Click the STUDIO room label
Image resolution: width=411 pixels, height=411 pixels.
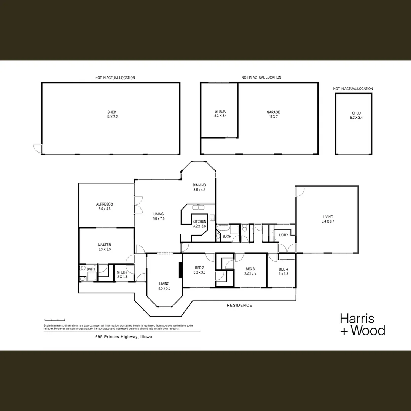(220, 113)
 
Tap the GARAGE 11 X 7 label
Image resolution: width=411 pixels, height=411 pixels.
(273, 115)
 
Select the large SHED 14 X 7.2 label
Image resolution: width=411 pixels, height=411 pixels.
(112, 115)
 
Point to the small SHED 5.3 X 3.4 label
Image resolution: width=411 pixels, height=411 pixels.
(356, 115)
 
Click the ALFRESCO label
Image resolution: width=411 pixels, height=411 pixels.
(104, 207)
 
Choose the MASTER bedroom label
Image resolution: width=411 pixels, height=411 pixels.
(104, 247)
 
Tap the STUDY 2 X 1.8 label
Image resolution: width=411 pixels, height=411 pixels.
(122, 274)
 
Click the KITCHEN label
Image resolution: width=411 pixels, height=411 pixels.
(199, 224)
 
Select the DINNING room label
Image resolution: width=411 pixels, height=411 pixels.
(199, 187)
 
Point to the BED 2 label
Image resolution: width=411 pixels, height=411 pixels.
(199, 270)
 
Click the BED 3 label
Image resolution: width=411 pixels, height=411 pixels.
(250, 271)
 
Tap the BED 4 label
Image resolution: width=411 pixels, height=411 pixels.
(284, 271)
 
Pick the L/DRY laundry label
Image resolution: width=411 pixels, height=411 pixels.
(284, 235)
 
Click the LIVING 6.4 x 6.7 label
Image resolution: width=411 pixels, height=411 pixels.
(328, 219)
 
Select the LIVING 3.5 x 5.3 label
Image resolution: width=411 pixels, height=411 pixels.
(164, 286)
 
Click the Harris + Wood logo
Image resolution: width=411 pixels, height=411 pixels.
(362, 324)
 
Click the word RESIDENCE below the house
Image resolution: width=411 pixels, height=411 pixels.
(239, 305)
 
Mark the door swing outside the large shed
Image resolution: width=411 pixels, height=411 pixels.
(38, 148)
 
